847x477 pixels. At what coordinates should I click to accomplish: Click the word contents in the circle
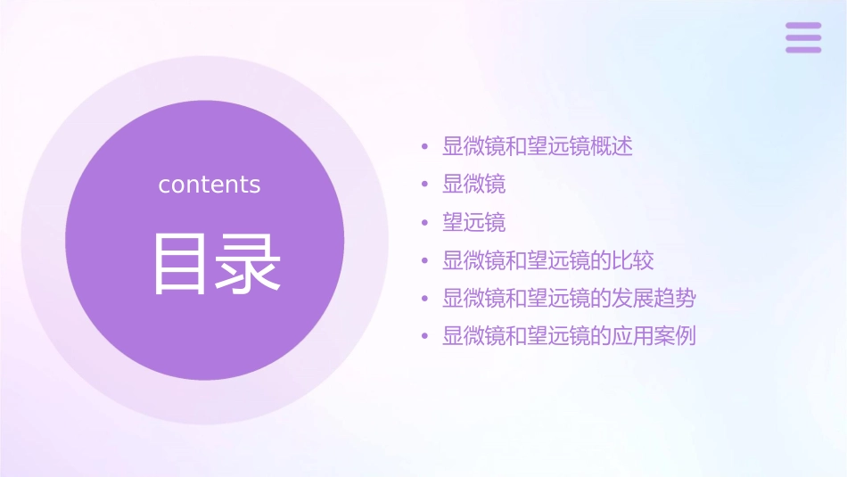coord(210,185)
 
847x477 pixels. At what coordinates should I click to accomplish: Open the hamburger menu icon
coord(803,37)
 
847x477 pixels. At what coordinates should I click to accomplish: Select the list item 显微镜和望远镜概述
coord(538,146)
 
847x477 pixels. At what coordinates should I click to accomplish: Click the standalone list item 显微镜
coord(474,185)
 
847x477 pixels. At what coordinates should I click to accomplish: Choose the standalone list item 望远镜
coord(474,222)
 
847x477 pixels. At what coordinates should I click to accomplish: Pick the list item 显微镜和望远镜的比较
coord(548,260)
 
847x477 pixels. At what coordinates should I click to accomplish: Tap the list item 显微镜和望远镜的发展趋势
coord(569,298)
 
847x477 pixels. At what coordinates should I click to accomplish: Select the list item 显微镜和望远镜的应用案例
coord(569,336)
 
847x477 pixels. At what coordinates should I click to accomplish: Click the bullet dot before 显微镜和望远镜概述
coord(424,147)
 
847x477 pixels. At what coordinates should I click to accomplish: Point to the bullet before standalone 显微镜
coord(424,185)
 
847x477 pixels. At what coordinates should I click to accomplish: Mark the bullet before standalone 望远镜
coord(424,223)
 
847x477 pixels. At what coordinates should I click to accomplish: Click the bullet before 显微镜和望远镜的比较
coord(424,260)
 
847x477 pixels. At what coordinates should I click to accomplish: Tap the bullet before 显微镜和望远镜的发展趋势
coord(424,299)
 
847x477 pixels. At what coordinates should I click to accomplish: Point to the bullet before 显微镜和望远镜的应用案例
coord(424,336)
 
